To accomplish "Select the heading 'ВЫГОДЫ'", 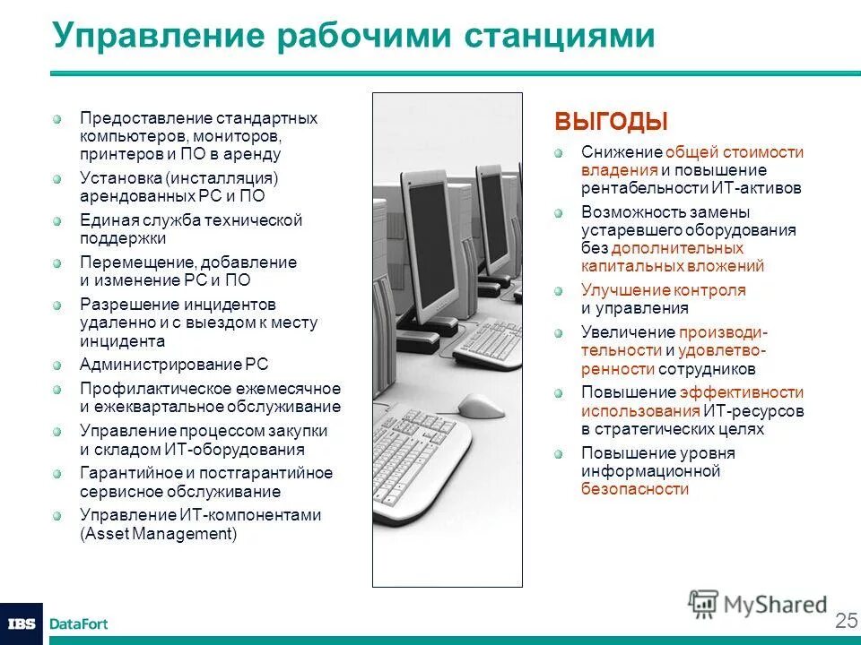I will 611,122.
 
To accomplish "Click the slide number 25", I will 846,621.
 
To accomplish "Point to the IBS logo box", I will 21,623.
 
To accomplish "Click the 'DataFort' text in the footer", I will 79,623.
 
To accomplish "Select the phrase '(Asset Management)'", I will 159,534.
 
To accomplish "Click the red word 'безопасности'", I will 635,489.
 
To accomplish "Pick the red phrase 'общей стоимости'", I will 735,152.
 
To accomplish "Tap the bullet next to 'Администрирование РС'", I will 57,365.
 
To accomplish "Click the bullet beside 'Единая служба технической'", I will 57,221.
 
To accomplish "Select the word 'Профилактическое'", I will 139,389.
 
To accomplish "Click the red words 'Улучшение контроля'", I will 663,290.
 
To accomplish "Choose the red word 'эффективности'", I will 742,392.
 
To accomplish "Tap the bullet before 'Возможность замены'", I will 559,213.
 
